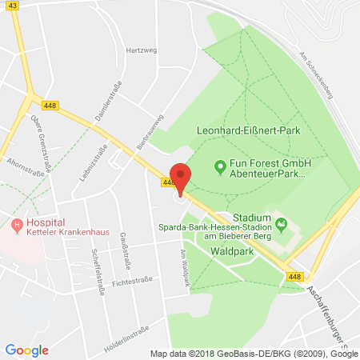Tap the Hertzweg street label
(x=138, y=50)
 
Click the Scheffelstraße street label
(x=100, y=272)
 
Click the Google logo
(x=26, y=350)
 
